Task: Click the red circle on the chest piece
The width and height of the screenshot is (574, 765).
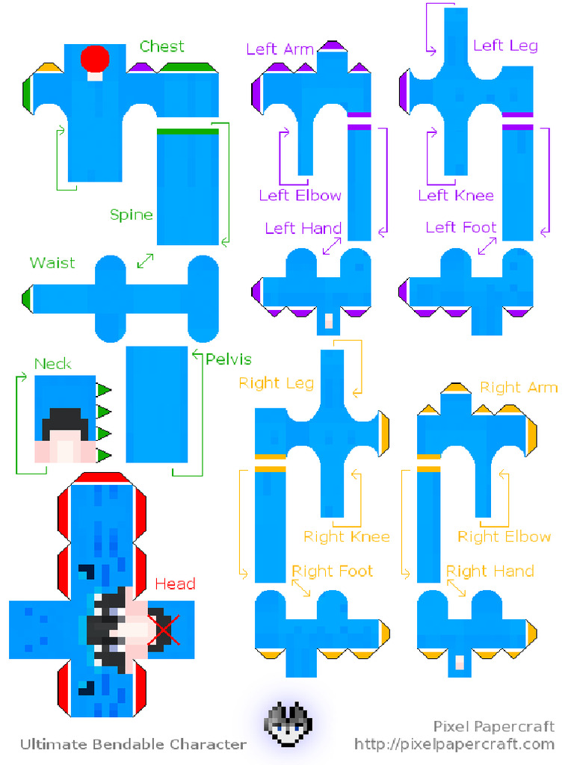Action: (x=95, y=58)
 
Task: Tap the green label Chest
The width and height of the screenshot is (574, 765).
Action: (x=161, y=46)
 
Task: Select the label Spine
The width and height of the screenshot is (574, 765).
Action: (x=132, y=215)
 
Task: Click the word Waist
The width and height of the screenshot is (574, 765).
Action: (x=52, y=263)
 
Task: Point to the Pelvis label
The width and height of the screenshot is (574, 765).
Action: (x=228, y=359)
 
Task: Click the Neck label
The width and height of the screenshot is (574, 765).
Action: (x=53, y=364)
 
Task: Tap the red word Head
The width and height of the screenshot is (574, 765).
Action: (x=175, y=584)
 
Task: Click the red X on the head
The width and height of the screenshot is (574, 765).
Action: (x=164, y=629)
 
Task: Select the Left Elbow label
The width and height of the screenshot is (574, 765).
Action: (x=300, y=196)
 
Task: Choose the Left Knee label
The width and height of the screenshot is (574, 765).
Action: (x=456, y=196)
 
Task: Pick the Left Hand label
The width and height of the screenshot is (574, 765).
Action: (x=303, y=228)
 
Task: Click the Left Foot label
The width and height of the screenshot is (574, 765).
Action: (x=460, y=227)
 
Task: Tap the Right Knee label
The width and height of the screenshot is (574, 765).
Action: (x=346, y=536)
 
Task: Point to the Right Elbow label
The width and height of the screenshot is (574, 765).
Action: (x=504, y=536)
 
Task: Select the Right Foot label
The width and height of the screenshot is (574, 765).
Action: (x=332, y=572)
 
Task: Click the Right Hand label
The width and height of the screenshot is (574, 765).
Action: (x=490, y=572)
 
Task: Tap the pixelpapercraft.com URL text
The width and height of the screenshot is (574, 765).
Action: (x=454, y=743)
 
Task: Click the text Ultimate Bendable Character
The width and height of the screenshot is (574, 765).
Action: (x=133, y=744)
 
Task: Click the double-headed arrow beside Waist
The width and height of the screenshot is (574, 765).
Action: (x=146, y=261)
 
